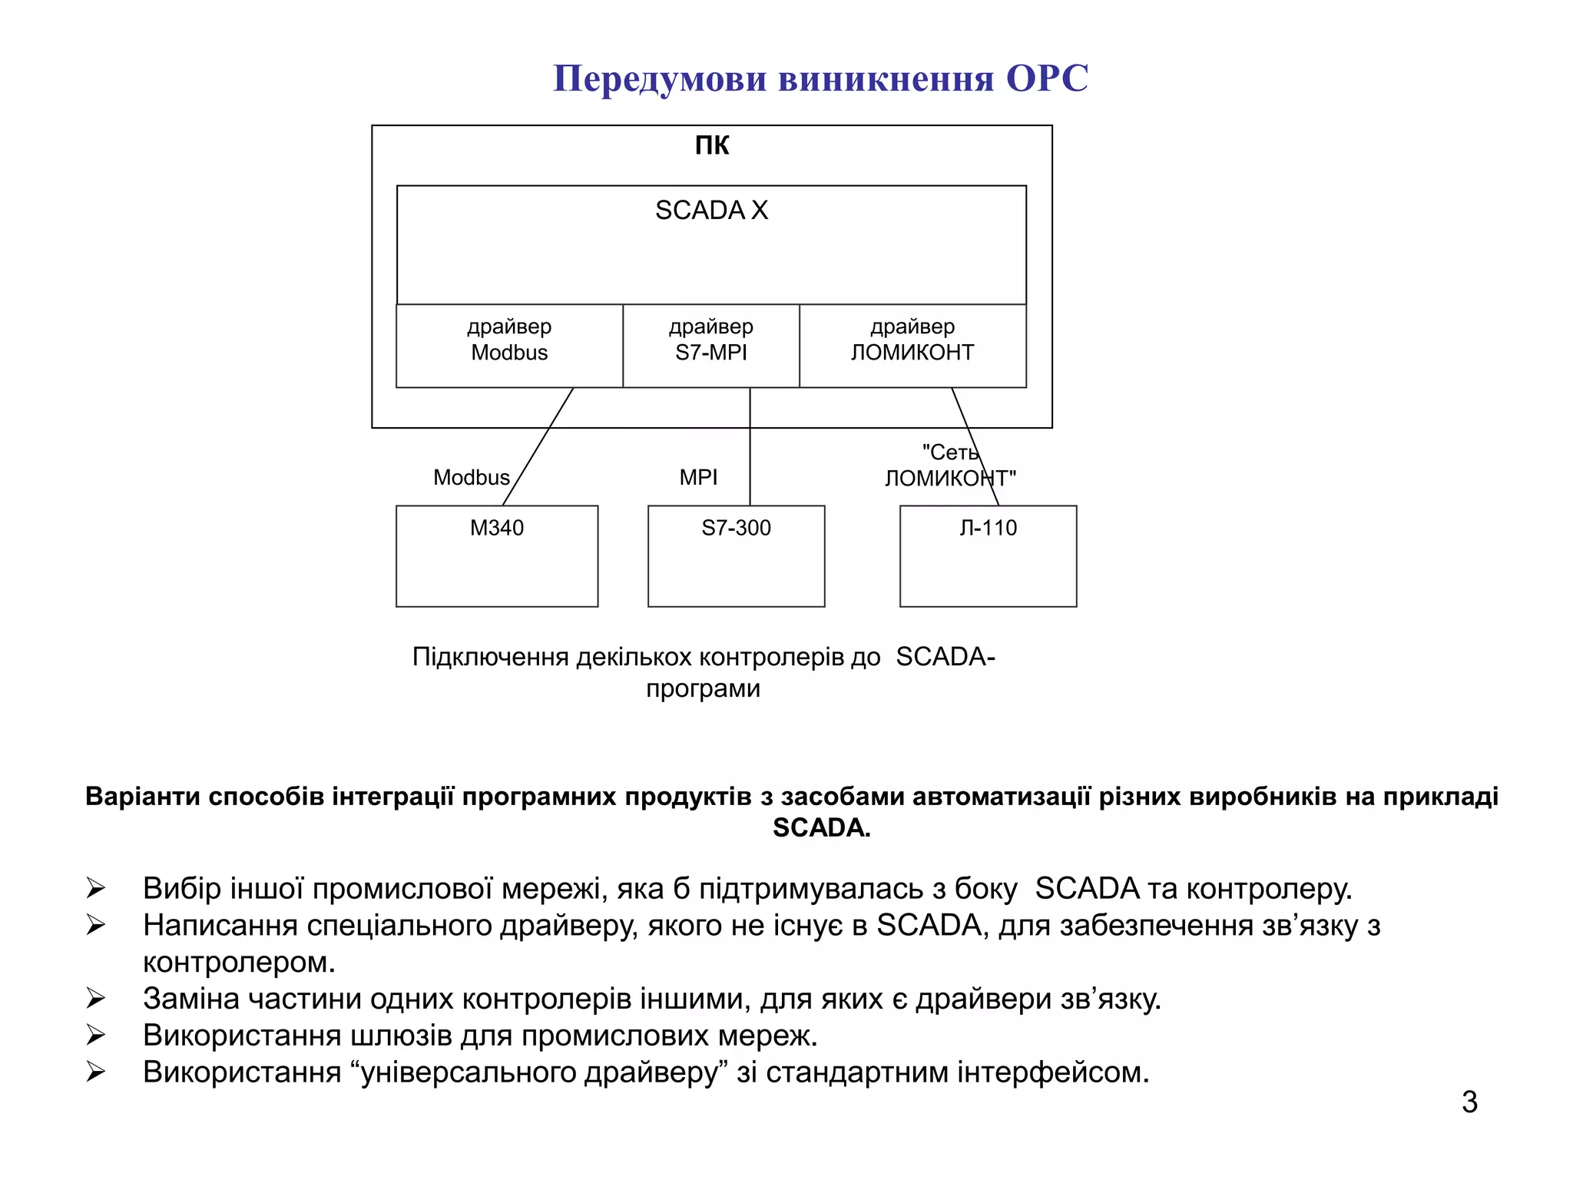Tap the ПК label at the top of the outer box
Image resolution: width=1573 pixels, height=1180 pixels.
pyautogui.click(x=711, y=145)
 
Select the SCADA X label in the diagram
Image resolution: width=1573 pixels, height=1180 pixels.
pyautogui.click(x=711, y=210)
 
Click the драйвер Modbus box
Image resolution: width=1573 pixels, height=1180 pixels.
pyautogui.click(x=509, y=346)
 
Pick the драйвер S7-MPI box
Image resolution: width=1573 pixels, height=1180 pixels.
pyautogui.click(x=710, y=346)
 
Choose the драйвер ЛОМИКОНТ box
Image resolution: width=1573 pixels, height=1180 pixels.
pyautogui.click(x=912, y=346)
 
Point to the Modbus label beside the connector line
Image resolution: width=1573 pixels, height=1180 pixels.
pyautogui.click(x=471, y=477)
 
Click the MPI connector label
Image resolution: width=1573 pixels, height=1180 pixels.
pyautogui.click(x=698, y=477)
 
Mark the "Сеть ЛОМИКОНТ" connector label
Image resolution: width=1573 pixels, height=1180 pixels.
pyautogui.click(x=950, y=466)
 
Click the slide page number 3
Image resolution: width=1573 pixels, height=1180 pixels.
pyautogui.click(x=1469, y=1102)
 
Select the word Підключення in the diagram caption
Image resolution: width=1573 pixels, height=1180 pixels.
pyautogui.click(x=490, y=657)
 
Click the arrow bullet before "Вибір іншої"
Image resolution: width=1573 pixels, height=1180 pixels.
pyautogui.click(x=96, y=888)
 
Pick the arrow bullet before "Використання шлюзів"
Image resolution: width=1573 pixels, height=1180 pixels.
pyautogui.click(x=96, y=1036)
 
